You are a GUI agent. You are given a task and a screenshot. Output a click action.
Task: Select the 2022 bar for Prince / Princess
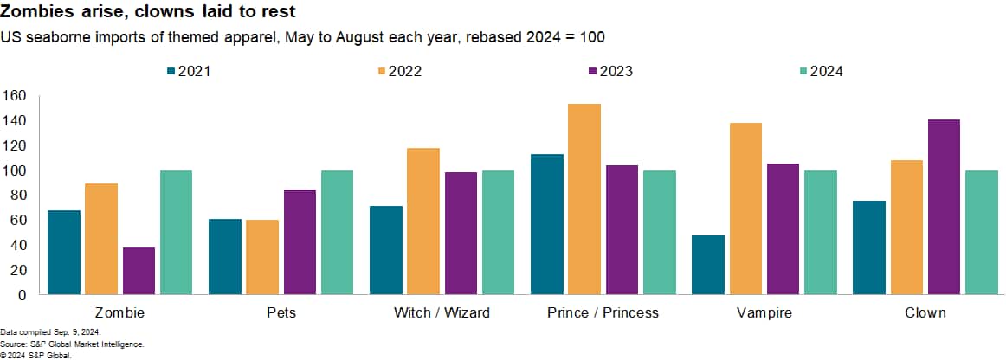pos(584,199)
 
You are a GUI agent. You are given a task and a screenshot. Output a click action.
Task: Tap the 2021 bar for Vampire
pos(708,265)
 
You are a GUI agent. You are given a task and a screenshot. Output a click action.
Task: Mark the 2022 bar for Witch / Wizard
pos(423,221)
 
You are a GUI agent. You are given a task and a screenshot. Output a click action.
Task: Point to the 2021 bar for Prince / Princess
pos(547,224)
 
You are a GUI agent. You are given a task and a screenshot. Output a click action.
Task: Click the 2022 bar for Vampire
pos(745,209)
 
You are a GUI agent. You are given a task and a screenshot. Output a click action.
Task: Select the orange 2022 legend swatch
pos(382,71)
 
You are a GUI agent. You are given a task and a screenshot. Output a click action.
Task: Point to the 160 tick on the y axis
pos(15,96)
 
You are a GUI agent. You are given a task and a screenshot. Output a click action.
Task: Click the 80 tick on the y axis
pos(18,196)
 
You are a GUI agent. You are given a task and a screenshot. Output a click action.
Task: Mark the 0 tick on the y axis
pos(23,295)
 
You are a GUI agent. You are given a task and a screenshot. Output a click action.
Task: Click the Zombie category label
pos(119,312)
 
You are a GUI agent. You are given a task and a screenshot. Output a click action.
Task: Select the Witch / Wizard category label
pos(442,312)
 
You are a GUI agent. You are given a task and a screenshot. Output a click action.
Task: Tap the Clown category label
pos(925,312)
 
